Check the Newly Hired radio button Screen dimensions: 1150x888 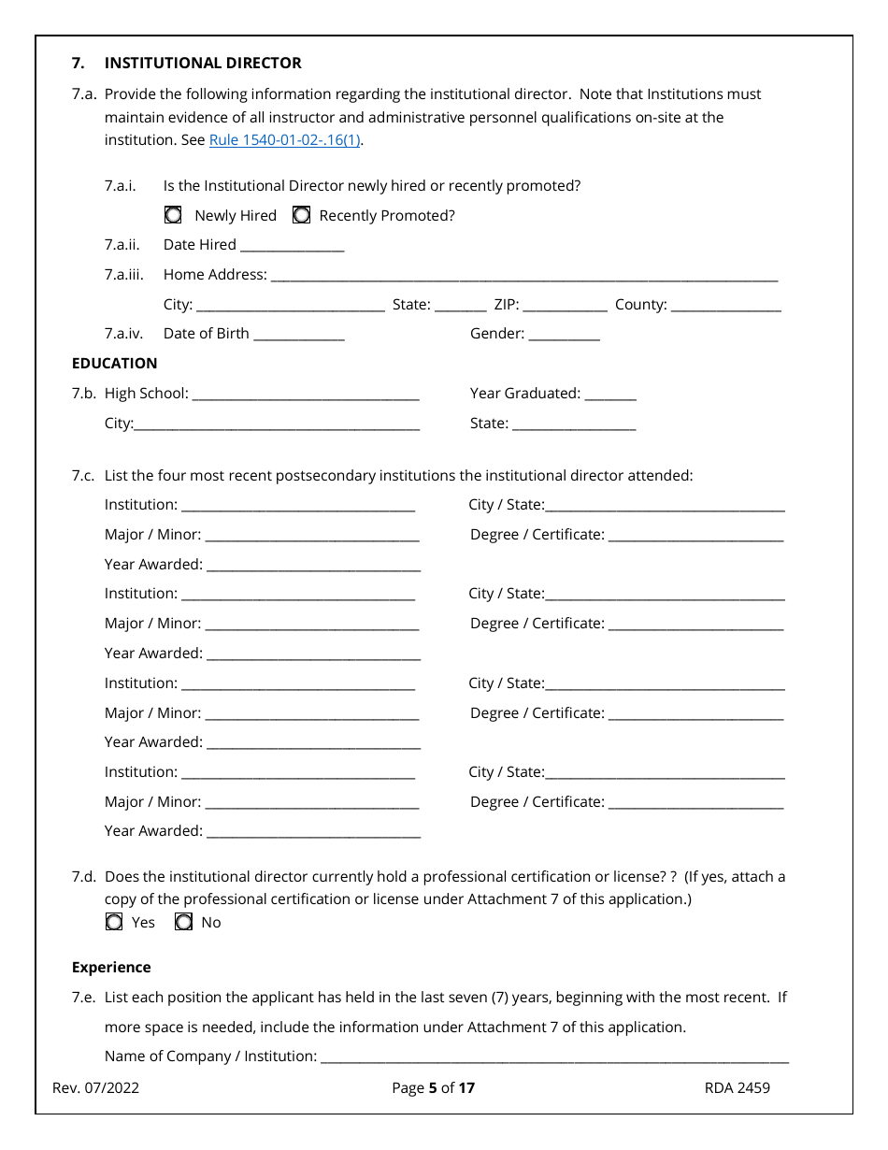[x=173, y=215]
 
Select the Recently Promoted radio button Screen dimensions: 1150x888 [x=302, y=215]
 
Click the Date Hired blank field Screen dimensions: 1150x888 [x=292, y=246]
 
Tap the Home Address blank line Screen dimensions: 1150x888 [x=523, y=276]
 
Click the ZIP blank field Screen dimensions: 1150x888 [x=565, y=306]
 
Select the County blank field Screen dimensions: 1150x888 [x=725, y=306]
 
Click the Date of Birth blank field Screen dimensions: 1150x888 [x=299, y=335]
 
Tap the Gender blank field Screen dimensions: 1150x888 [x=564, y=335]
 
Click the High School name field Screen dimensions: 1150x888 [x=305, y=395]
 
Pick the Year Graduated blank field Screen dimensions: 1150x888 [x=609, y=395]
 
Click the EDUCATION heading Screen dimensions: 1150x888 [x=114, y=363]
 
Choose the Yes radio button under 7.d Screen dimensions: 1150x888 [x=114, y=922]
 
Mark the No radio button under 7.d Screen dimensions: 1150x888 [x=184, y=922]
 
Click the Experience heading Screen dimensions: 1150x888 [x=111, y=967]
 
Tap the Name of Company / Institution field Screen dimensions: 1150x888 [x=554, y=1057]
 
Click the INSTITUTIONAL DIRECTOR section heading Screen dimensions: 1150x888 [x=203, y=63]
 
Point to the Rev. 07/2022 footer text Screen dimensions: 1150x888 [x=96, y=1087]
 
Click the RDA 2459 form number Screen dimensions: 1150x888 [x=738, y=1087]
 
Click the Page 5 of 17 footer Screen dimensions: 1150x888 [x=434, y=1087]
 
